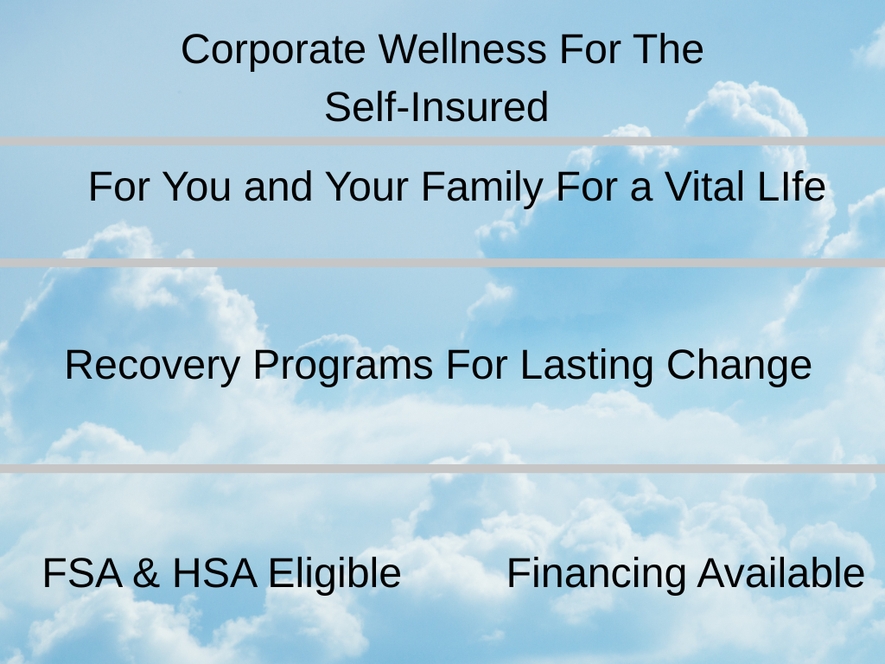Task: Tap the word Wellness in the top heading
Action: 462,49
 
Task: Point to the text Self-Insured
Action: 436,106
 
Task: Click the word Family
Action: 482,188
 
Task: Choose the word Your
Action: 366,187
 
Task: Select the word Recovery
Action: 153,367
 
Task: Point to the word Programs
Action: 343,367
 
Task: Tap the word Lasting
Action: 587,367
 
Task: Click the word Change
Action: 740,367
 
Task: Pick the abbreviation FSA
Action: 82,573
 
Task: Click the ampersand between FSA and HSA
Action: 147,573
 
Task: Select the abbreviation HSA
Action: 214,573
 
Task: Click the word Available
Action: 781,573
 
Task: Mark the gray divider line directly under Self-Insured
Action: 442,141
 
